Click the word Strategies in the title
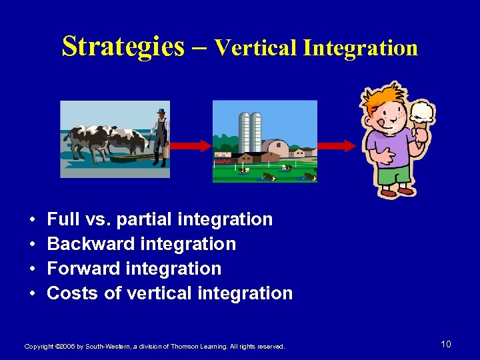(123, 47)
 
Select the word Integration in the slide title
(360, 48)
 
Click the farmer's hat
(160, 111)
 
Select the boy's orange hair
(383, 100)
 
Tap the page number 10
(446, 344)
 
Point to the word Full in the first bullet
(63, 219)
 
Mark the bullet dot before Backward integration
(32, 245)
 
